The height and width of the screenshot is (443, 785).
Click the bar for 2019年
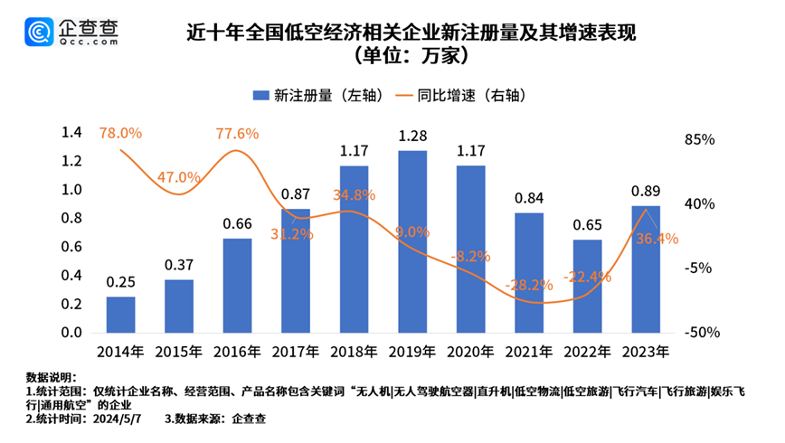tap(412, 241)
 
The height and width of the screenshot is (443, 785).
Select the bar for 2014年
tap(120, 314)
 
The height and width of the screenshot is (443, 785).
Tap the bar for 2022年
tap(587, 286)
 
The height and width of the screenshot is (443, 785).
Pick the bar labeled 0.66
tap(237, 285)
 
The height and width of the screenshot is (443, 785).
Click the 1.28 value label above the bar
tap(412, 137)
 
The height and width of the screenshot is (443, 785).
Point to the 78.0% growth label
tap(120, 133)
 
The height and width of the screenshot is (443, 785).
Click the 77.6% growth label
tap(237, 134)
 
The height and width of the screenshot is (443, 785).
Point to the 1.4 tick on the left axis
tap(71, 133)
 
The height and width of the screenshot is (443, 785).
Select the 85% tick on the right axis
tap(701, 140)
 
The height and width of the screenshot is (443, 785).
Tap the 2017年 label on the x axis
tap(296, 351)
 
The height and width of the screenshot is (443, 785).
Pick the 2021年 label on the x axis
tap(528, 351)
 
